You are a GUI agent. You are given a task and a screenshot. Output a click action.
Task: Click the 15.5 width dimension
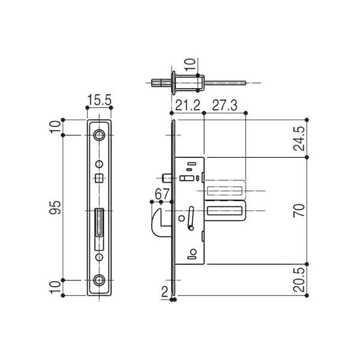pyautogui.click(x=100, y=101)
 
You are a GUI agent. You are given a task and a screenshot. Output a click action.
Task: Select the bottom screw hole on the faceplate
pyautogui.click(x=100, y=280)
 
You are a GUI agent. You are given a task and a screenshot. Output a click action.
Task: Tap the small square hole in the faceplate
pyautogui.click(x=100, y=177)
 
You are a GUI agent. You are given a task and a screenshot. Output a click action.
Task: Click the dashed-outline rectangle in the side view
pyautogui.click(x=226, y=190)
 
